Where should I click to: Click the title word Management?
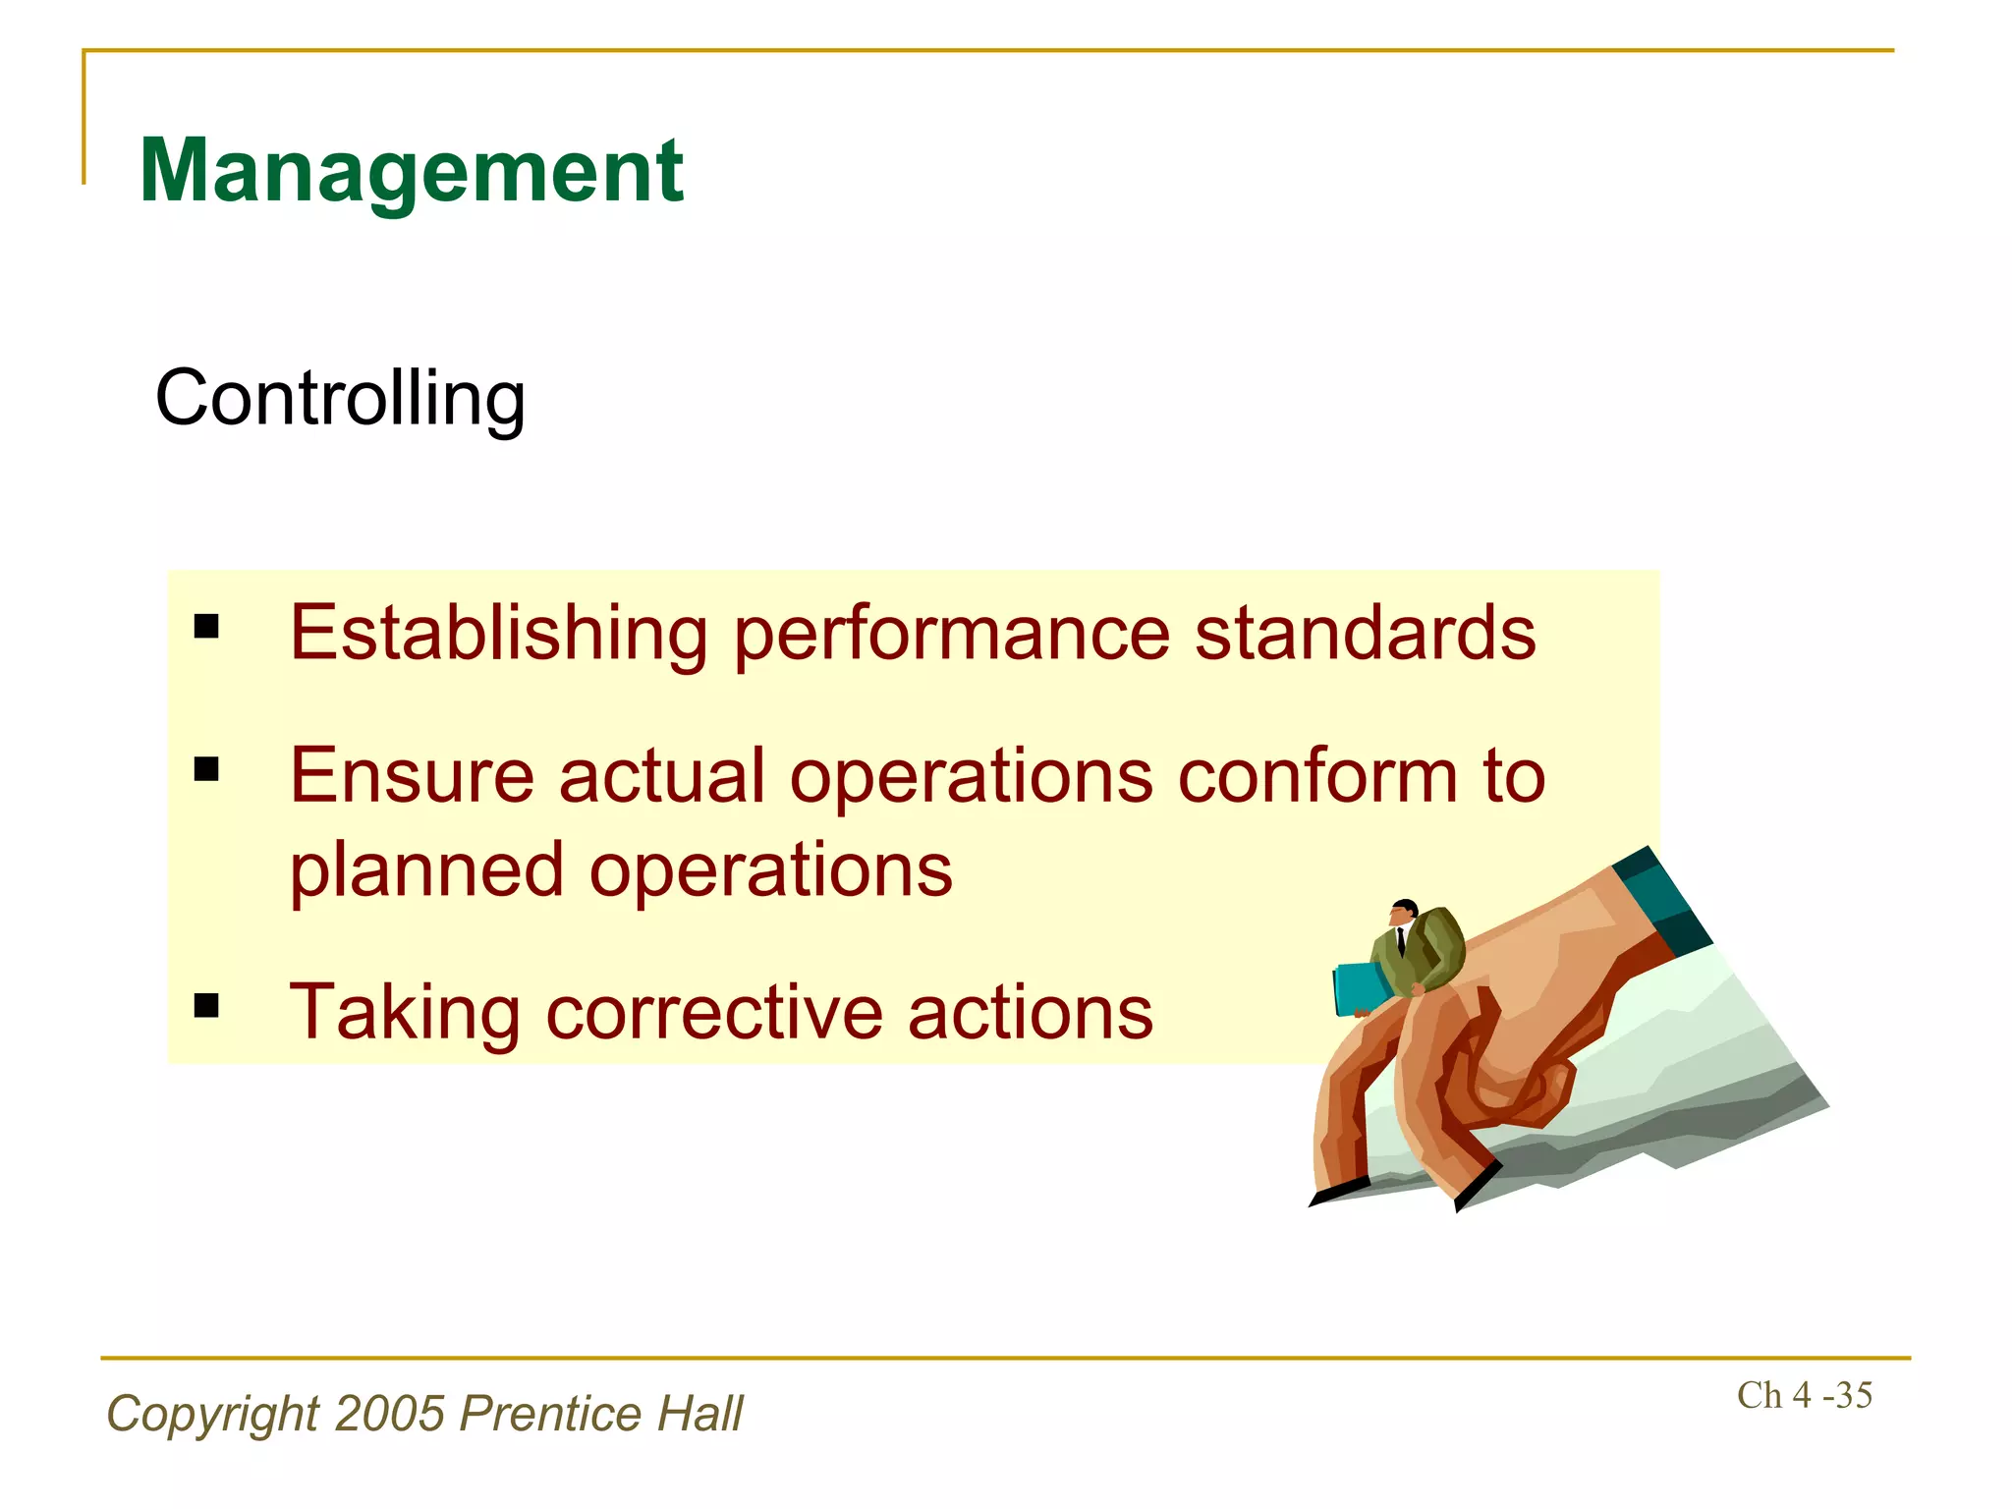(411, 172)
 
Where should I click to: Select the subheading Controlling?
(340, 399)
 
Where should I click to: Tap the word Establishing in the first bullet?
(498, 634)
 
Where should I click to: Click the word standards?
(1365, 634)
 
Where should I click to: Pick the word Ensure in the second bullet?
(412, 776)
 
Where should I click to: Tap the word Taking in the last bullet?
(404, 1014)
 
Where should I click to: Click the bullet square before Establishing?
(206, 626)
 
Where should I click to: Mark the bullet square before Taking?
(206, 1005)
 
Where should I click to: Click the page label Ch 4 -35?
(1804, 1395)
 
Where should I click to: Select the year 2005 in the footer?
(390, 1415)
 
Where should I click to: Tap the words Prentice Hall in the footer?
(601, 1415)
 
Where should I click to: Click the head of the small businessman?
(1406, 911)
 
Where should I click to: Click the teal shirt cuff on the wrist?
(1663, 895)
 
